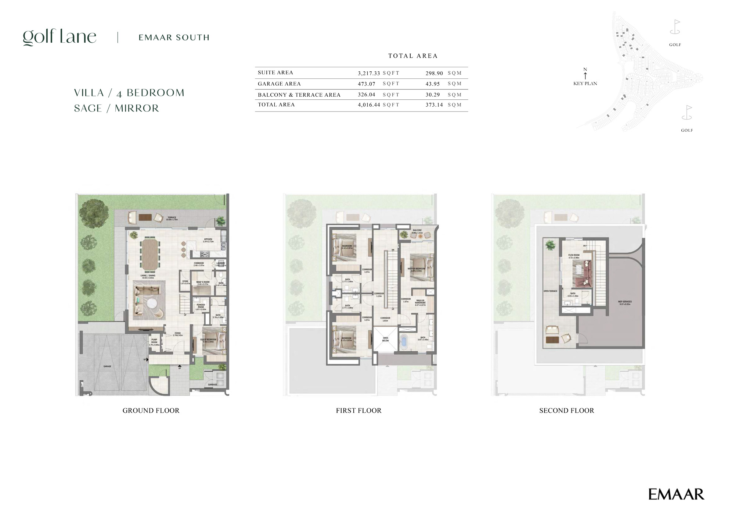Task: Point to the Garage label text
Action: tap(107, 366)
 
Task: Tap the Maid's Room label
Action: tap(202, 283)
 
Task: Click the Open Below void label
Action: tap(385, 339)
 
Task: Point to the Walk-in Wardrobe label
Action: tap(420, 302)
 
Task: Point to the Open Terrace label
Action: tap(550, 291)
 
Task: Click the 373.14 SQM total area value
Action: tap(434, 105)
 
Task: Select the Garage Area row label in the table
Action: tap(279, 84)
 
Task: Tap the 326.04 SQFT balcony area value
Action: tap(367, 95)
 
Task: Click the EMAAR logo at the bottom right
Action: tap(676, 494)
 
